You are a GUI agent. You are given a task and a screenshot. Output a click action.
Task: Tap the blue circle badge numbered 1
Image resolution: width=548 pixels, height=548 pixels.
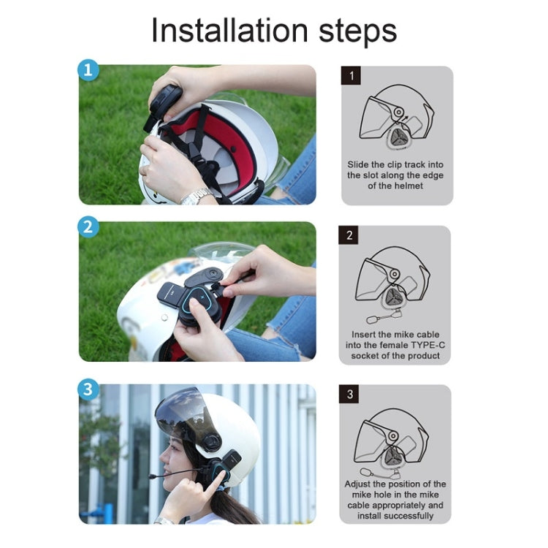(x=88, y=72)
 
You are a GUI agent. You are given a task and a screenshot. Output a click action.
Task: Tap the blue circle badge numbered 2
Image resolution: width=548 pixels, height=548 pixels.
(x=88, y=227)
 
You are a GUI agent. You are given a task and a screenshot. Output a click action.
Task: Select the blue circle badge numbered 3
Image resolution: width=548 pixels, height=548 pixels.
(x=88, y=389)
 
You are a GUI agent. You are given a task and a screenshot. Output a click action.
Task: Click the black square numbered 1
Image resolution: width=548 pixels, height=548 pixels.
(x=352, y=75)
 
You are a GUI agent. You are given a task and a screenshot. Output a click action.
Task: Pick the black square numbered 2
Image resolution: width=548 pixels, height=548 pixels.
(x=350, y=235)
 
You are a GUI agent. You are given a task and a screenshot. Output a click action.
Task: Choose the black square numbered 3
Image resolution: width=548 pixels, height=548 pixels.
(x=350, y=395)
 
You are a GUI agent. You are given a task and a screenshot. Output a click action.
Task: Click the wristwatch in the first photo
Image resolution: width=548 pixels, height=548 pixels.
(x=196, y=196)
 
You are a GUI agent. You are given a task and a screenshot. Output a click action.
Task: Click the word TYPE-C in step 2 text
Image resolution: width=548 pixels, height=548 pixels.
(x=419, y=344)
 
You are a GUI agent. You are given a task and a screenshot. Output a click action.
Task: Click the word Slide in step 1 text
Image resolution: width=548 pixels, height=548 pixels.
(x=362, y=164)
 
